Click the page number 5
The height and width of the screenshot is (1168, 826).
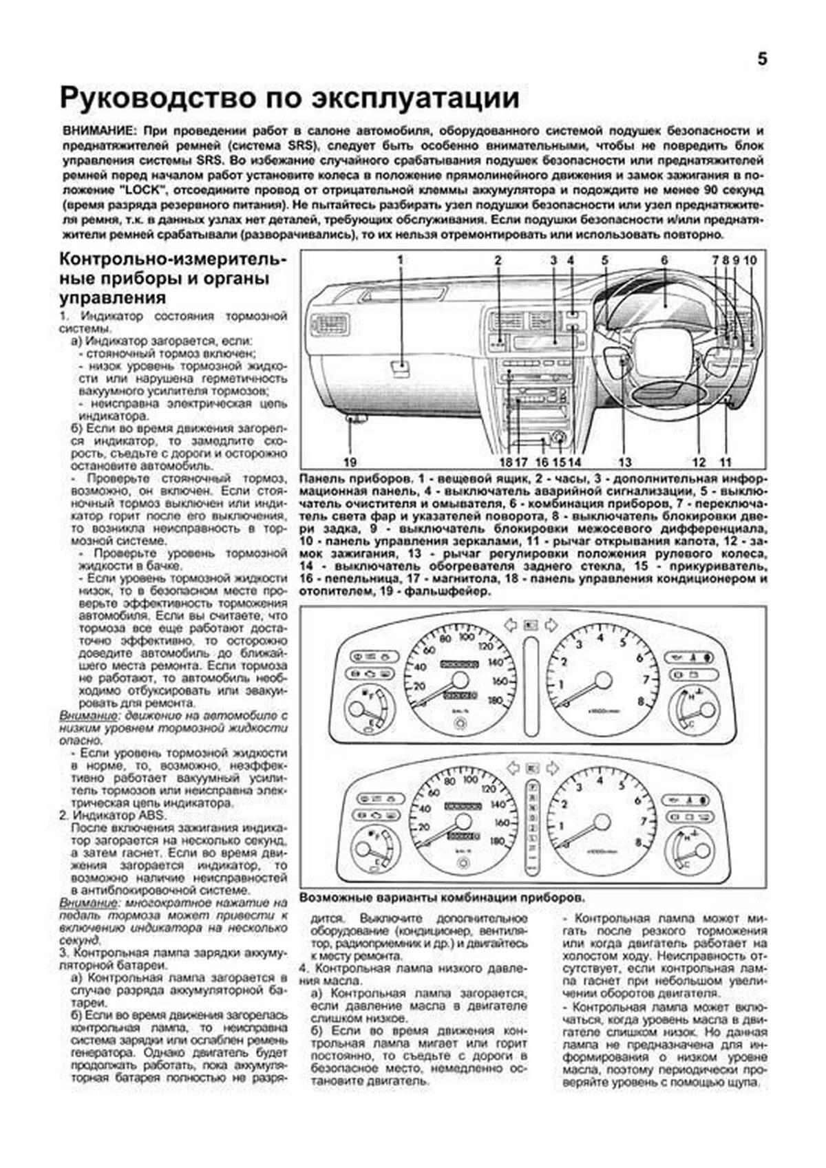[762, 59]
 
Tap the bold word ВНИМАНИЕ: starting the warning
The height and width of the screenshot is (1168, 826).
[95, 130]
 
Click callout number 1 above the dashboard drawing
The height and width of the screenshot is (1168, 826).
[401, 260]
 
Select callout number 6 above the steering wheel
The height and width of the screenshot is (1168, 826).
[664, 260]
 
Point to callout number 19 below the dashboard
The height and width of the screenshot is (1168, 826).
[350, 463]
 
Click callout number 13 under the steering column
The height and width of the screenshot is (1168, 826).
[624, 463]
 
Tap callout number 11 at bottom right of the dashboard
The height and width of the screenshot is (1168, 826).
[726, 463]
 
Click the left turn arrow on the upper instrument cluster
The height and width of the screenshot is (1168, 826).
[509, 625]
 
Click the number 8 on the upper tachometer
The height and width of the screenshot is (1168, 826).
[641, 701]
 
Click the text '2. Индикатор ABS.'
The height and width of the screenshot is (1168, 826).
[114, 815]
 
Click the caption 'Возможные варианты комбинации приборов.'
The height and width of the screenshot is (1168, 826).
[443, 898]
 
